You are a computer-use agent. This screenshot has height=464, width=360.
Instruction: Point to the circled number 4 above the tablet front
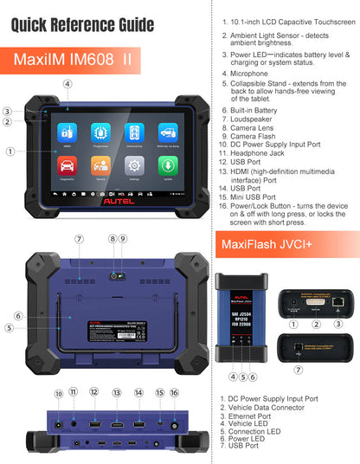(67, 84)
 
